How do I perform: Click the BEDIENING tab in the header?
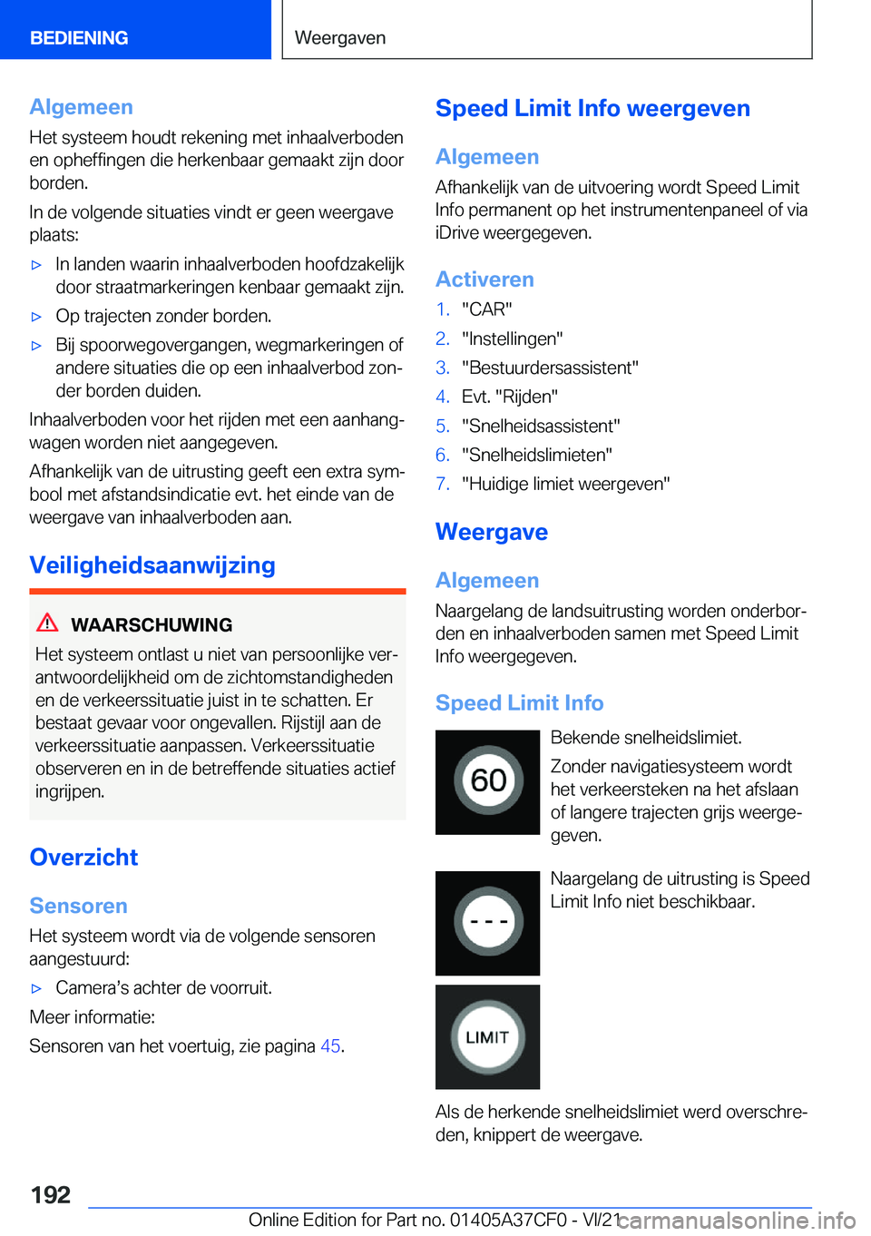(79, 38)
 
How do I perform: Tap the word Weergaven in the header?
(340, 38)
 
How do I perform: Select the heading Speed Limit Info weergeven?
(592, 108)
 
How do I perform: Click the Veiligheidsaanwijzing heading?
(152, 565)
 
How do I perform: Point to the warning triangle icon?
(47, 623)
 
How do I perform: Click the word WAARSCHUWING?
(152, 625)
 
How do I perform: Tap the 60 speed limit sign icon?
(488, 781)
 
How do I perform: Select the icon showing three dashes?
(488, 922)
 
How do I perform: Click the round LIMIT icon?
(488, 1037)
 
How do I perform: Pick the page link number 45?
(330, 1046)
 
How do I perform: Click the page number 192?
(51, 1194)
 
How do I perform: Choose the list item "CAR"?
(487, 309)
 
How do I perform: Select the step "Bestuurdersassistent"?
(550, 368)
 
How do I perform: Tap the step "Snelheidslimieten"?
(537, 455)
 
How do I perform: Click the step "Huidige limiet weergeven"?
(566, 484)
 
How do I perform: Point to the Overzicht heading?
(84, 858)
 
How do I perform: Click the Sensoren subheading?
(79, 906)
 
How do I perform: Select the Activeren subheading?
(484, 280)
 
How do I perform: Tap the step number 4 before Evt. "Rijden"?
(442, 397)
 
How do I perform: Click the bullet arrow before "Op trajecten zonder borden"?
(37, 317)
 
